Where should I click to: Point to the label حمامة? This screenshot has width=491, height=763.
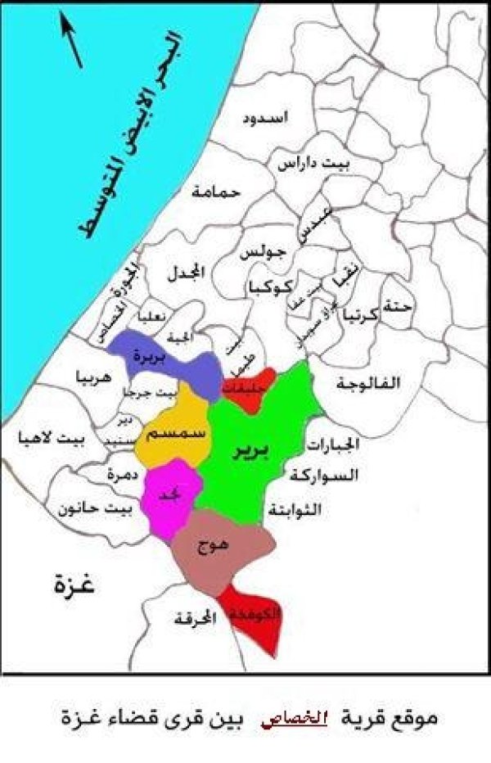coord(215,192)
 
